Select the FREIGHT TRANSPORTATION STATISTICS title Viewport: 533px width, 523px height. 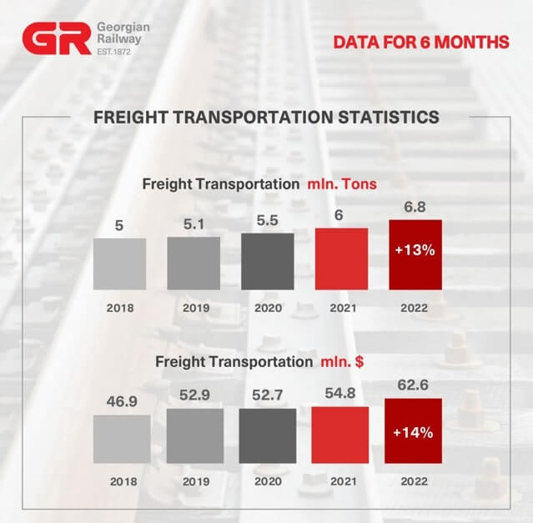(266, 117)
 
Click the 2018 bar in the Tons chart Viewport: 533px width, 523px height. (119, 264)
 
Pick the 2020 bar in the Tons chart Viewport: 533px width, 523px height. (267, 261)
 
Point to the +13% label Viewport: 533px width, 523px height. (415, 250)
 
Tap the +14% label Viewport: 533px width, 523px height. (412, 432)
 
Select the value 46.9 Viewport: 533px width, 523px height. (122, 402)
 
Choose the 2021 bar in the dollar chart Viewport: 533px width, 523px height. (340, 435)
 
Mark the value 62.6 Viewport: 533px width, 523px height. (412, 385)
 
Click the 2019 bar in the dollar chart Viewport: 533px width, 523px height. (194, 436)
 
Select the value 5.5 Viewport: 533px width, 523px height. (267, 221)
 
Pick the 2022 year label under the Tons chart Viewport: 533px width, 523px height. (415, 308)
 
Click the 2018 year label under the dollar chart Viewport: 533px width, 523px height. (122, 481)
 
